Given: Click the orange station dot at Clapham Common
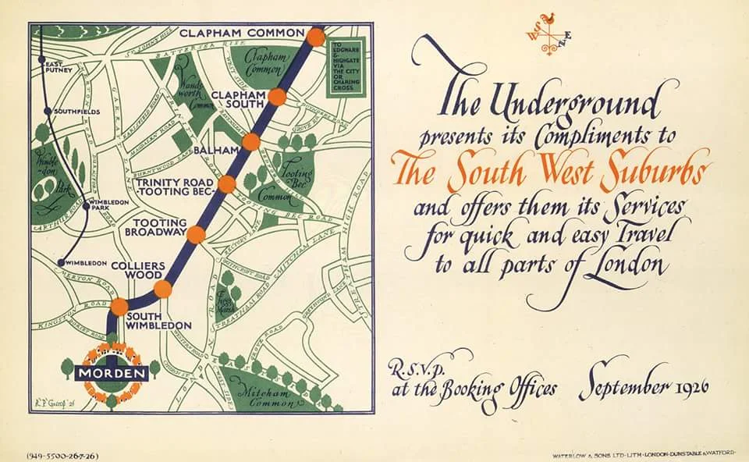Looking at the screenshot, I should (315, 37).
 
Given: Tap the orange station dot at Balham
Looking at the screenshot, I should (250, 142).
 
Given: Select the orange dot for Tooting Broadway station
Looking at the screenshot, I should (196, 235).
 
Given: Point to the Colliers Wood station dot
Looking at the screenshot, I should (162, 290).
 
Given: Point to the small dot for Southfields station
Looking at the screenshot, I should (48, 112).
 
